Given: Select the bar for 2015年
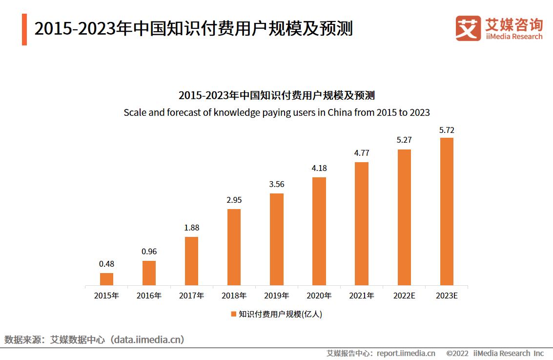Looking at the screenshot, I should pos(106,279).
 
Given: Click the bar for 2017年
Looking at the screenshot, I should pos(191,261).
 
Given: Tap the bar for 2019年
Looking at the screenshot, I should pos(277,239).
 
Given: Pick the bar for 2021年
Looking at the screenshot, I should pos(362,224).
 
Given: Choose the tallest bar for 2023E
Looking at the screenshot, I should pos(447,212).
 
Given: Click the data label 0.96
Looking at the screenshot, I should pos(149,252).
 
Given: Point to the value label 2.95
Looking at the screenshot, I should pos(234,200).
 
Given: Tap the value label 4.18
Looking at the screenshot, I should pos(319,168).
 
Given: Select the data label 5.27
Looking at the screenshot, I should pos(404,140).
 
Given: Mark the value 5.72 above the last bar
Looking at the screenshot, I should pos(447,130).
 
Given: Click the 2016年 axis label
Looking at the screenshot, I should pos(149,296).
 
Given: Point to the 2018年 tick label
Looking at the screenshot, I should pos(234,296).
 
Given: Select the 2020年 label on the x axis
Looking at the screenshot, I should pos(319,296).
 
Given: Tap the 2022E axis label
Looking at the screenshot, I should pos(404,296).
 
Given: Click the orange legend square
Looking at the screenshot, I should pos(234,314).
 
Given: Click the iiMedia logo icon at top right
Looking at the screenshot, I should pos(468,28).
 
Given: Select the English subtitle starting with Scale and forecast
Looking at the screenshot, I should pos(277,112).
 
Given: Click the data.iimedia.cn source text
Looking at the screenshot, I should pos(146,339).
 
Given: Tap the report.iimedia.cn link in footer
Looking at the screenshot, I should pos(406,353).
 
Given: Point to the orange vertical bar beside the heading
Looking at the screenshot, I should pos(24,29).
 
